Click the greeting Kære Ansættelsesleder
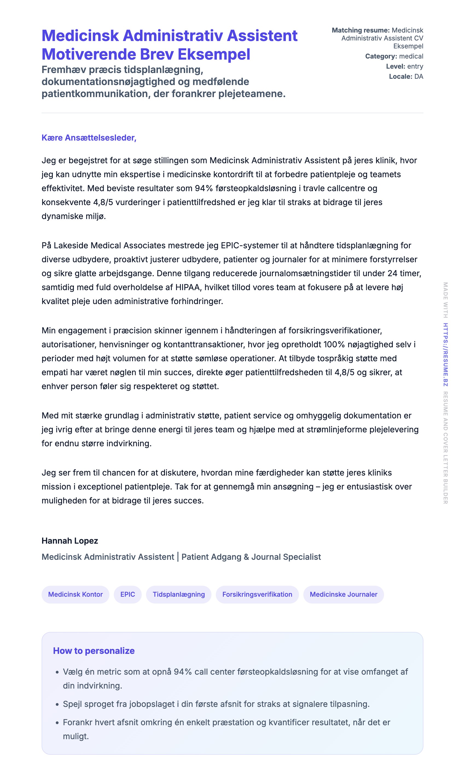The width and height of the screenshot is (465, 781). click(89, 138)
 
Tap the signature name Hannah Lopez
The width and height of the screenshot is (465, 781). click(70, 541)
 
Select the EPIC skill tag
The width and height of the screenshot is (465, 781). click(127, 594)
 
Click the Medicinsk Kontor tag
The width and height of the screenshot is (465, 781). click(75, 594)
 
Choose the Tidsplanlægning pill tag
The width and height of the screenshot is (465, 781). click(179, 594)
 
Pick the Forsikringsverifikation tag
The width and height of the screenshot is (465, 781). click(257, 594)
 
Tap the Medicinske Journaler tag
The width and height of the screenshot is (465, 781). click(344, 594)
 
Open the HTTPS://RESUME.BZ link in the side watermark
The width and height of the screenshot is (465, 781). click(445, 355)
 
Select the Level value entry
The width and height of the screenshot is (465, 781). click(415, 66)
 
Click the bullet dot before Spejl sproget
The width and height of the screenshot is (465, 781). click(57, 704)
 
